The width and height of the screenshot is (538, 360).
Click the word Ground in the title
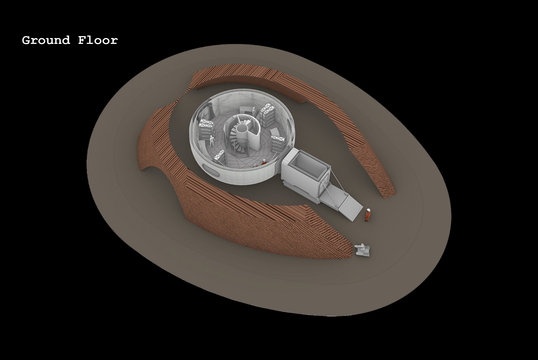pos(46,40)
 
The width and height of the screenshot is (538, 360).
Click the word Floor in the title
pos(98,40)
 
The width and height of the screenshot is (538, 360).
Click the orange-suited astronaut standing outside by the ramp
pos(367,215)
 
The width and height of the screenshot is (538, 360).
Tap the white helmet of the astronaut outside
pos(368,210)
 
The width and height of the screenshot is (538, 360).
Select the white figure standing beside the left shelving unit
pos(211,141)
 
